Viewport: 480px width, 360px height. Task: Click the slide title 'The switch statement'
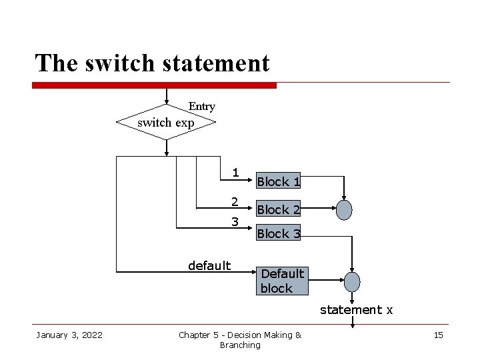point(152,63)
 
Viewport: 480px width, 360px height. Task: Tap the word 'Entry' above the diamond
point(201,107)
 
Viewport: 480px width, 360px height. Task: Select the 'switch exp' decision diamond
point(166,122)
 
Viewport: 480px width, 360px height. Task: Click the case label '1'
point(235,173)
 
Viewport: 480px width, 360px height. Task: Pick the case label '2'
point(235,201)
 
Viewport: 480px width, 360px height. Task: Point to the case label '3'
point(235,221)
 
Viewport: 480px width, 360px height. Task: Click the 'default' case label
point(209,266)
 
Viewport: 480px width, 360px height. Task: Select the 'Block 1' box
point(279,181)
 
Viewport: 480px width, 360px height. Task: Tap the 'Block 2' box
point(279,209)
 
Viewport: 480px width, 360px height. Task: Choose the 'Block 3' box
point(279,233)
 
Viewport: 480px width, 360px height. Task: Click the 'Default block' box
point(282,281)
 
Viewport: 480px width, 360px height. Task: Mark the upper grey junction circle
point(343,210)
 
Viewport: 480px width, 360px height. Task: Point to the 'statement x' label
point(356,310)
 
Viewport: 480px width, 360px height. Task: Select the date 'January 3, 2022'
point(69,335)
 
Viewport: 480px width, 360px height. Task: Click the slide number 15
point(438,335)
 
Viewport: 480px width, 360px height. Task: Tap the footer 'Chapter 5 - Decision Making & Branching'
point(240,340)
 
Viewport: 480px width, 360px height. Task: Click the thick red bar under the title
point(154,85)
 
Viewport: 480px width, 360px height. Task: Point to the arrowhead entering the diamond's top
point(166,101)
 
